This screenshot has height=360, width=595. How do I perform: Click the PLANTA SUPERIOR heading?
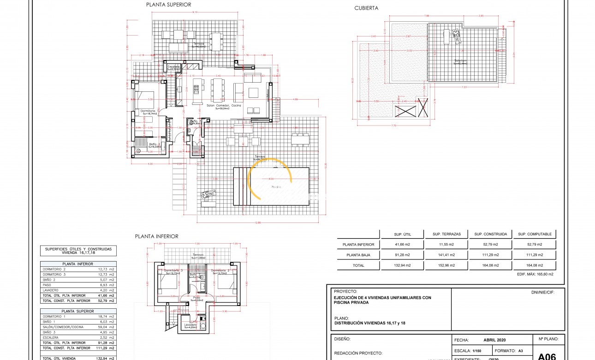[x=168, y=5]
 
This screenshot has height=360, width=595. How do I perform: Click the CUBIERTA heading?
[x=366, y=8]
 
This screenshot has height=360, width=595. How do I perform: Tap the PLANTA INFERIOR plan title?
[x=156, y=236]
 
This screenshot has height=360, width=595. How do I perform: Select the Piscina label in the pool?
[x=276, y=187]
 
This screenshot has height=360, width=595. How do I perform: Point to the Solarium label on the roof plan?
[x=459, y=60]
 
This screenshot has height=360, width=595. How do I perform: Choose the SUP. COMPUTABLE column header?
[x=535, y=234]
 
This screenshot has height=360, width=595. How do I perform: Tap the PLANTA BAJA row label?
[x=358, y=255]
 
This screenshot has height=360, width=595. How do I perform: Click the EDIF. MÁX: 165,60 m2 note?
[x=535, y=274]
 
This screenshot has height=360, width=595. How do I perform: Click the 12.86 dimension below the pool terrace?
[x=257, y=223]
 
